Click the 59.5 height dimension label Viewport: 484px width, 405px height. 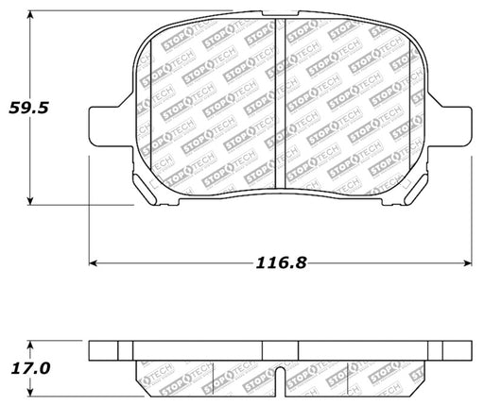click(x=28, y=108)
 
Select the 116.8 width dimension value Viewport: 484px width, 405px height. click(x=281, y=262)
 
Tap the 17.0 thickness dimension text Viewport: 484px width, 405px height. click(x=30, y=368)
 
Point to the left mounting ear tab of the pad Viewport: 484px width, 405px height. click(x=111, y=127)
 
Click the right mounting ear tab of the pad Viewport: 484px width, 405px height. click(x=450, y=127)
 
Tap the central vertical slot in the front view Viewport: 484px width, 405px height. click(x=280, y=104)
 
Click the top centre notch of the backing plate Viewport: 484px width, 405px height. click(x=280, y=13)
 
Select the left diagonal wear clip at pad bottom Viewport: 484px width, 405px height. click(x=144, y=190)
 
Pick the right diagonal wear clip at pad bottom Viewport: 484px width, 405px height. click(x=416, y=190)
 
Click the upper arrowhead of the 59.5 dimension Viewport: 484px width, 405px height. click(x=30, y=15)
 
